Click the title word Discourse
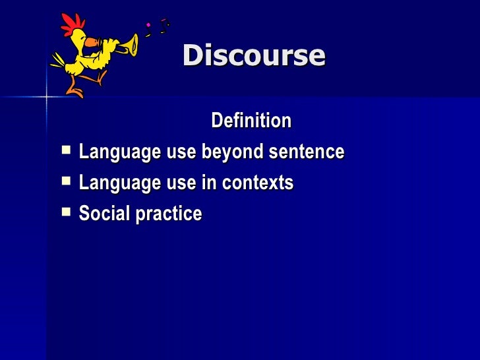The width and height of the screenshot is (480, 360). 254,56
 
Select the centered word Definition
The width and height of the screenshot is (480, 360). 251,121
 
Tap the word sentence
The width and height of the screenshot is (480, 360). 305,152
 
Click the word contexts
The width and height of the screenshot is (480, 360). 258,183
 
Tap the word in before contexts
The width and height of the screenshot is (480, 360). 209,183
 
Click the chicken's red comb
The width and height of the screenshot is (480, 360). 70,24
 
